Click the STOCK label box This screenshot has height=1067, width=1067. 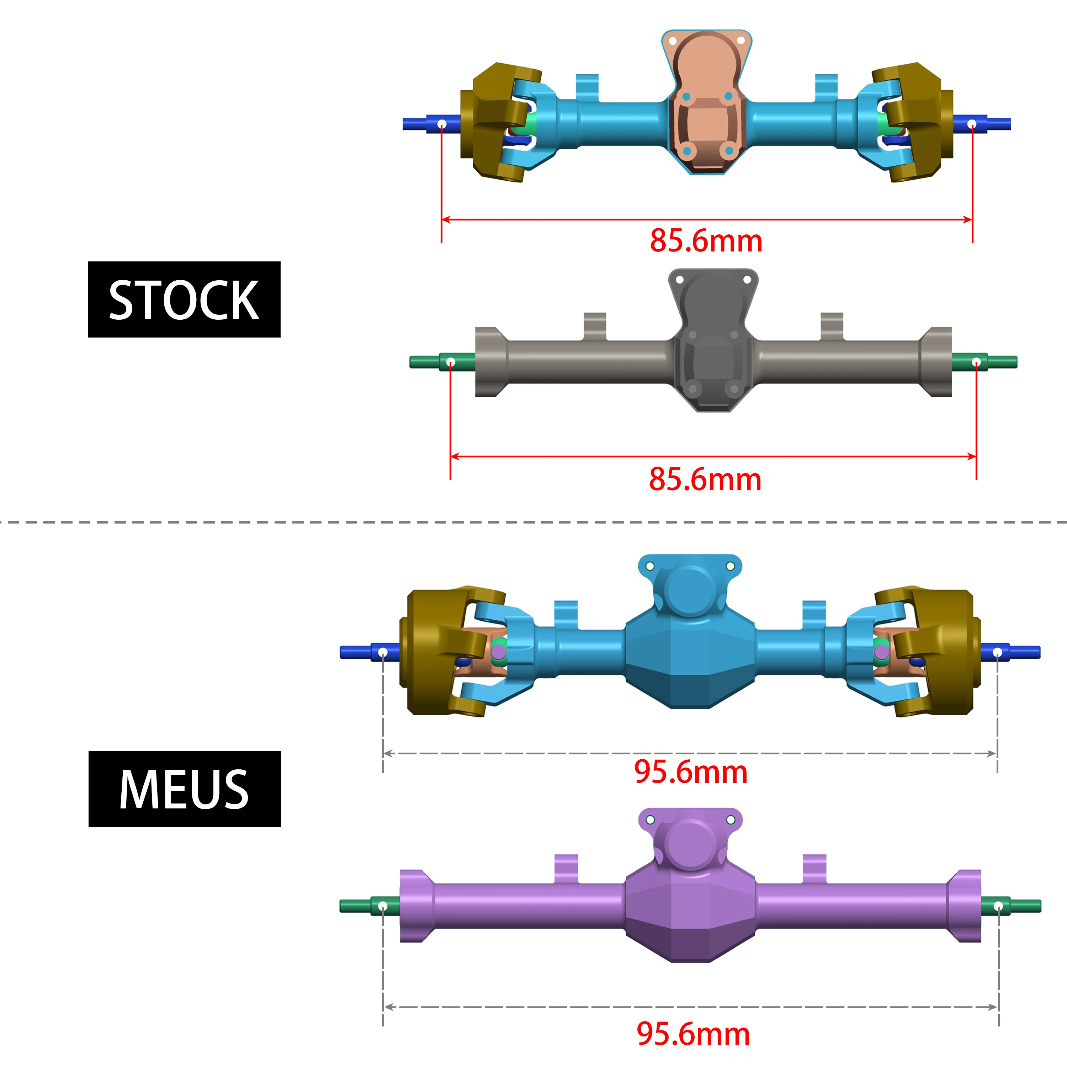(x=184, y=299)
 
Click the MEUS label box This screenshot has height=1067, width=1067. (x=185, y=789)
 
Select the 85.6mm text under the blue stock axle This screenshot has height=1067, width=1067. (x=706, y=241)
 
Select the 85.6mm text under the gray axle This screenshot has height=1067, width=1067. (x=705, y=479)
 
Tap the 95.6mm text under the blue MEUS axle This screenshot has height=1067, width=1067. (x=690, y=772)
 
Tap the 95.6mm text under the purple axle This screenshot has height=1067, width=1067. (x=693, y=1034)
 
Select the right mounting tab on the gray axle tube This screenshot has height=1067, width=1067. (x=832, y=326)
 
